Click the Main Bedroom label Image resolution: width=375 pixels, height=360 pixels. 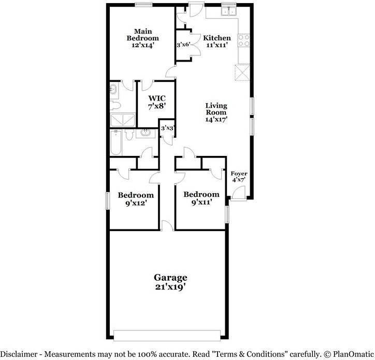tap(143, 38)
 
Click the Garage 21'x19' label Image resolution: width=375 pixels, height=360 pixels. tap(170, 282)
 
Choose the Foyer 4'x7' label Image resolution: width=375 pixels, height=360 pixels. tap(238, 177)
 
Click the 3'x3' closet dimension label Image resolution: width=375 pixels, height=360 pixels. tap(167, 128)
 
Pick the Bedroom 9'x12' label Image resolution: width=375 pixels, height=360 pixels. tap(136, 199)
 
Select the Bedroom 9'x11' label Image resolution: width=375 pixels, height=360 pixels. tap(201, 198)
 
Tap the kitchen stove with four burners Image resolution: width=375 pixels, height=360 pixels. tap(243, 40)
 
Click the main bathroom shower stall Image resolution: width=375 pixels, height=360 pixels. tap(122, 121)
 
